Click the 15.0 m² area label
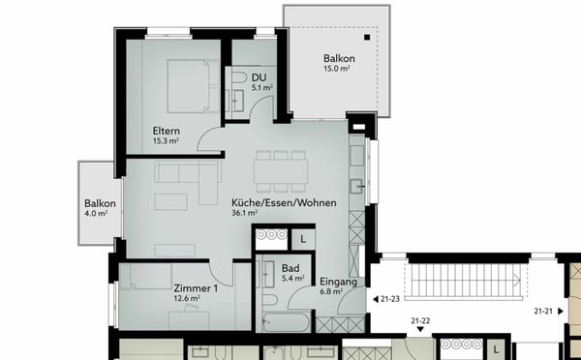click(x=339, y=70)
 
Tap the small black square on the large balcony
click(x=368, y=37)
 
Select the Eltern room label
click(x=167, y=131)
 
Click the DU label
click(x=259, y=77)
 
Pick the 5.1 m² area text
click(x=261, y=88)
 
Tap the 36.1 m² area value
click(x=244, y=214)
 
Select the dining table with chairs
click(x=281, y=170)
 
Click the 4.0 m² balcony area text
click(x=98, y=215)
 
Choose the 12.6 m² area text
click(x=187, y=299)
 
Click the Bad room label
click(x=290, y=268)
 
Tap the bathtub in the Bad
click(x=287, y=319)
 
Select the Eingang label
click(x=339, y=282)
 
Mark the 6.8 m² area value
click(x=331, y=292)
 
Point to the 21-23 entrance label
click(x=390, y=300)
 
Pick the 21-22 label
click(x=420, y=319)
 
